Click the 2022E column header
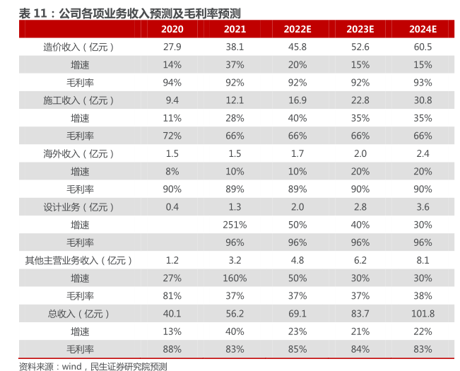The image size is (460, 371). pos(297,29)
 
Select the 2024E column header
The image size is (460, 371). pos(423,29)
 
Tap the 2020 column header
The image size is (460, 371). pos(172,29)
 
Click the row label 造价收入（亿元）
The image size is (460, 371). pos(79,47)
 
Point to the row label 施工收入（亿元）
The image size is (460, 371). pos(79,100)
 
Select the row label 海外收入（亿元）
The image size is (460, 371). pos(79,153)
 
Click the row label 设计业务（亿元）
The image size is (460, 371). pos(79,207)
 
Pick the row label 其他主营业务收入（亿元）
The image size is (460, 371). pos(79,260)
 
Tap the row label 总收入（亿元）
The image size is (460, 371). pos(79,313)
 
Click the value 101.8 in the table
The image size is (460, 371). pos(423,313)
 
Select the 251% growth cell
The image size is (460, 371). pos(235,225)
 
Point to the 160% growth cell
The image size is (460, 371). pos(235,278)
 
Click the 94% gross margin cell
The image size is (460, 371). pos(172,82)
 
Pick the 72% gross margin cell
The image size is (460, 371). pos(172,136)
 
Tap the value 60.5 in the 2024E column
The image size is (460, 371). pos(423,47)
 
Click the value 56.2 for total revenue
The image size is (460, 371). pos(235,313)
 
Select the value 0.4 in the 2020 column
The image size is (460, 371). pos(172,207)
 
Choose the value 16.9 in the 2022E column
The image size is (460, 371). pos(297,100)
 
